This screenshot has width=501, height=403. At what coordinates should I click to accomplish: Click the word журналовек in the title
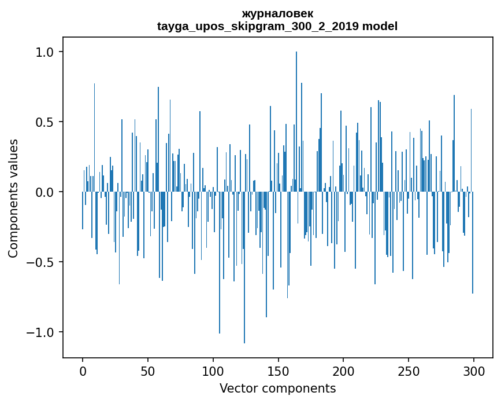(277, 14)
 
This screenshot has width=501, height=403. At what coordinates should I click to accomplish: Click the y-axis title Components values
(13, 198)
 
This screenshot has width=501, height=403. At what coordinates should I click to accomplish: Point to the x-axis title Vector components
(277, 389)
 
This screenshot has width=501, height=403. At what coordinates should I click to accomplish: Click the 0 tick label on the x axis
(83, 370)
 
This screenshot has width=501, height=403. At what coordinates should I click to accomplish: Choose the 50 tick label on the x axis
(148, 370)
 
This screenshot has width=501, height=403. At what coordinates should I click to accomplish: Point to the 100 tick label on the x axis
(213, 370)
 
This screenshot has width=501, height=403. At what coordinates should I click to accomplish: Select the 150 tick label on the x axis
(279, 370)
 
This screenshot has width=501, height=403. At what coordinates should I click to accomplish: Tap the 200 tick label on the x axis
(344, 370)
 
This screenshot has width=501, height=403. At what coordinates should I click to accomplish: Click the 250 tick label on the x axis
(409, 370)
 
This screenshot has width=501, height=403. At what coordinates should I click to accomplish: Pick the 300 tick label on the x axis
(474, 370)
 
